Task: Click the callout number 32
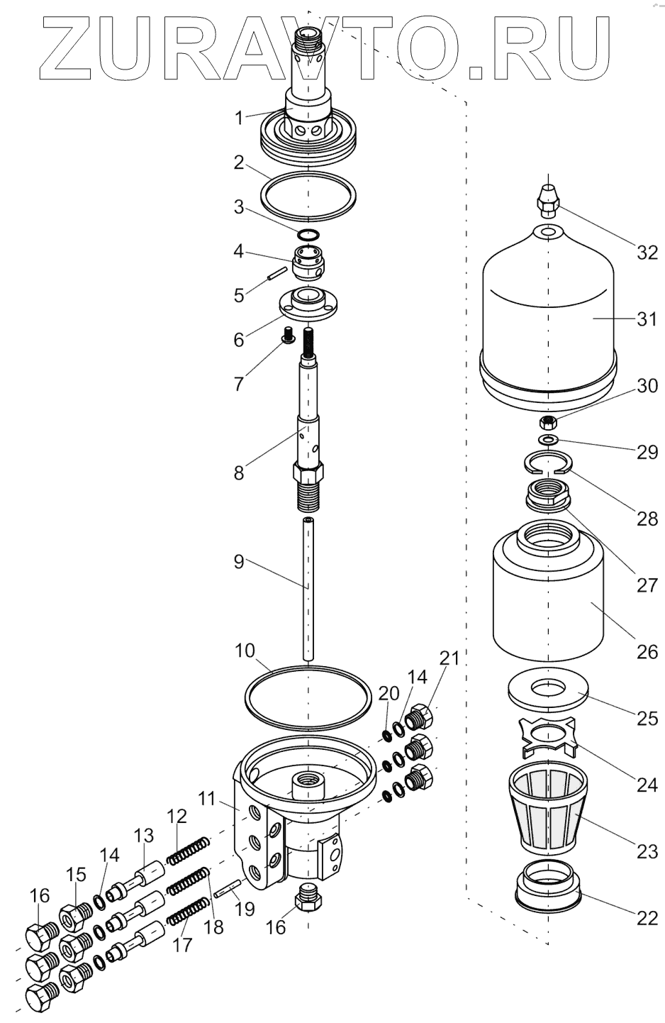pyautogui.click(x=647, y=253)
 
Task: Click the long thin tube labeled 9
pyautogui.click(x=308, y=589)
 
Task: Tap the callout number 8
pyautogui.click(x=239, y=472)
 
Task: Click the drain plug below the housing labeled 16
pyautogui.click(x=308, y=897)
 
